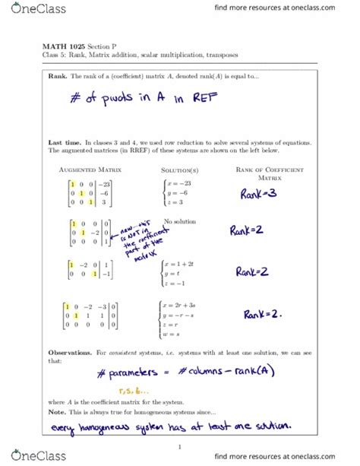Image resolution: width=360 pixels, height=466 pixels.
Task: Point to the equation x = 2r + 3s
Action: (x=187, y=305)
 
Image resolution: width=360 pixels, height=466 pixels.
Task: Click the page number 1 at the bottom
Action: (x=180, y=447)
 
